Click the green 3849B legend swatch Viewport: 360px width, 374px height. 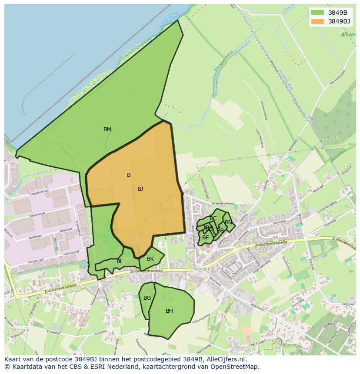pyautogui.click(x=318, y=13)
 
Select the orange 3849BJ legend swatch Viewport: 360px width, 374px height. pyautogui.click(x=318, y=21)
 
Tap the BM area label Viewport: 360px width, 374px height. pyautogui.click(x=107, y=129)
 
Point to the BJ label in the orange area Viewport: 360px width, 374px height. pyautogui.click(x=140, y=189)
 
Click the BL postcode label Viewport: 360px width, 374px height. pyautogui.click(x=120, y=261)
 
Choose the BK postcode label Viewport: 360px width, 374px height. pyautogui.click(x=150, y=259)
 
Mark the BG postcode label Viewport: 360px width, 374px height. pyautogui.click(x=147, y=298)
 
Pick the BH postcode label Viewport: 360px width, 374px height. pyautogui.click(x=169, y=311)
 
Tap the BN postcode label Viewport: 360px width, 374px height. pyautogui.click(x=228, y=222)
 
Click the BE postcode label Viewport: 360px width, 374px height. pyautogui.click(x=205, y=238)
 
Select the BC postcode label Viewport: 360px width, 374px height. pyautogui.click(x=213, y=218)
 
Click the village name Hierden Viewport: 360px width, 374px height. pyautogui.click(x=201, y=269)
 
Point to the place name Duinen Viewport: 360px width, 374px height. pyautogui.click(x=235, y=347)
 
